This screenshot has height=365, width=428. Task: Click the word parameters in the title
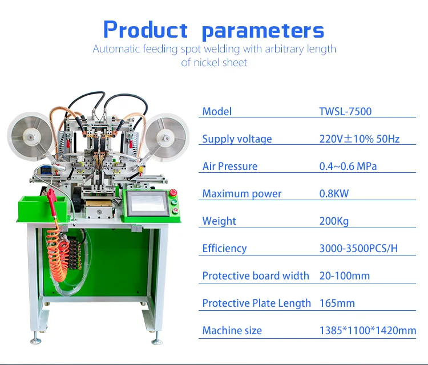pos(263,30)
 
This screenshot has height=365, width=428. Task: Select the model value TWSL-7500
pos(345,111)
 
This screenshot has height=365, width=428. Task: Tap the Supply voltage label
pos(237,139)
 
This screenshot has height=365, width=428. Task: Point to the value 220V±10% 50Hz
pos(360,139)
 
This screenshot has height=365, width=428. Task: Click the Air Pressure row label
pos(230,166)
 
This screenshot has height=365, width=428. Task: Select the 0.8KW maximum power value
pos(334,193)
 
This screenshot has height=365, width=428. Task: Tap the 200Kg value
pos(334,221)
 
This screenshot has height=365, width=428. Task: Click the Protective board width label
pos(256,275)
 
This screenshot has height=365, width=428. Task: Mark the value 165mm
pos(337,303)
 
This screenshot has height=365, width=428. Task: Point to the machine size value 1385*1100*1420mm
pos(368,330)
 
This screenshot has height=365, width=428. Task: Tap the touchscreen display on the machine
pos(146,202)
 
